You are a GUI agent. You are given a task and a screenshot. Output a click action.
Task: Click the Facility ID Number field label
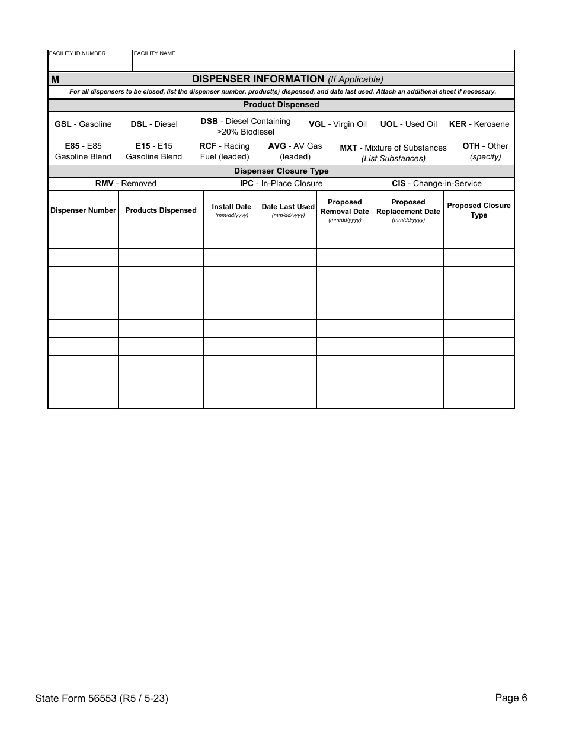(78, 53)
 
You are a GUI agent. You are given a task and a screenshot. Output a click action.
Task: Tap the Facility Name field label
(155, 53)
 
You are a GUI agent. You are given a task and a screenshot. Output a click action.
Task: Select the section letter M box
(55, 79)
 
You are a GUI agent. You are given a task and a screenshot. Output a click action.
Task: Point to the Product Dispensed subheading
(281, 105)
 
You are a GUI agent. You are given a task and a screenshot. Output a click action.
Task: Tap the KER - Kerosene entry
(479, 124)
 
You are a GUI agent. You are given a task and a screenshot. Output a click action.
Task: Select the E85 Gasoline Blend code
(83, 152)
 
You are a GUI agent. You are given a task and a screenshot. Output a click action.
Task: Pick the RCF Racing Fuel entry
(225, 152)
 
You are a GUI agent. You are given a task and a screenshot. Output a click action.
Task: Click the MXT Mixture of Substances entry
(393, 152)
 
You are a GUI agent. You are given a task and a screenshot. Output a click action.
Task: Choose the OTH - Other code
(485, 151)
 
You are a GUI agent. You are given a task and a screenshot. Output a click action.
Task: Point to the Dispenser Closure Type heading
(281, 171)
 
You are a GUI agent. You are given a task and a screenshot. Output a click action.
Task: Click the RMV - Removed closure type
(126, 184)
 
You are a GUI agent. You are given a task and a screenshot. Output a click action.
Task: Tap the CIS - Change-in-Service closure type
(436, 184)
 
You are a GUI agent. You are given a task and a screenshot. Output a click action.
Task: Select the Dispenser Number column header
(83, 210)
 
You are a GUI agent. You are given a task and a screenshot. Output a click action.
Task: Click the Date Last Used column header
(288, 207)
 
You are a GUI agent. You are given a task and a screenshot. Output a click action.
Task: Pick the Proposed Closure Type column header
(478, 210)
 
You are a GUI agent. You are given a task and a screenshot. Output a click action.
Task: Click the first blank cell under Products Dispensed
(161, 240)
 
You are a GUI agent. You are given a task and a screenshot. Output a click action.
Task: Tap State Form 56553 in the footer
(101, 698)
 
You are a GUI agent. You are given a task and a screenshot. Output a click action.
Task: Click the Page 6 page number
(511, 698)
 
